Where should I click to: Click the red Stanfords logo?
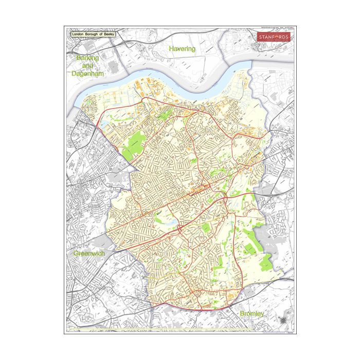pyautogui.click(x=274, y=38)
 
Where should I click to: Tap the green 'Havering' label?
pyautogui.click(x=182, y=49)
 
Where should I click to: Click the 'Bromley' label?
pyautogui.click(x=252, y=313)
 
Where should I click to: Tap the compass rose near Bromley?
pyautogui.click(x=284, y=321)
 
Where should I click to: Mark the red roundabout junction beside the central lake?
pyautogui.click(x=179, y=229)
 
